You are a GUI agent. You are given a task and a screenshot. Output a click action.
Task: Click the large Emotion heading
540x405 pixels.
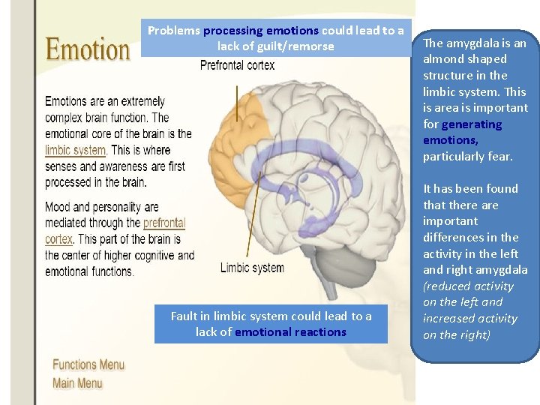(x=88, y=50)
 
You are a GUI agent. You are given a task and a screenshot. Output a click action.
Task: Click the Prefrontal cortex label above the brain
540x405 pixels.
(x=237, y=66)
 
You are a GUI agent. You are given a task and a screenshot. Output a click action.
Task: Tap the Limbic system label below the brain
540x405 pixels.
(x=252, y=268)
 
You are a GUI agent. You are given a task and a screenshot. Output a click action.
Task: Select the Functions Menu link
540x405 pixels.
(x=88, y=365)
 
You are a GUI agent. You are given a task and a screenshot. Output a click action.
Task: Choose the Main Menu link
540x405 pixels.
(x=77, y=383)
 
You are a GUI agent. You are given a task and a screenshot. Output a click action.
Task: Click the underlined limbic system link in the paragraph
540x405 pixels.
(x=75, y=150)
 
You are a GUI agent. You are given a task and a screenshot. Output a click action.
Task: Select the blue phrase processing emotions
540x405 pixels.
(x=261, y=31)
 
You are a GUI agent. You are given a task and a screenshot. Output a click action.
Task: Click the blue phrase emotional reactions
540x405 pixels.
(x=290, y=332)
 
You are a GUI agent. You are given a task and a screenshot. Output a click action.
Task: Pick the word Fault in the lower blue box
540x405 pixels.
(x=185, y=316)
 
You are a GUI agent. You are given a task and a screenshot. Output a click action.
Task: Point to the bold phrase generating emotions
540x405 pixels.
(x=463, y=132)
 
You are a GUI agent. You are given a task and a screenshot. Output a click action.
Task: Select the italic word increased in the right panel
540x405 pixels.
(x=450, y=319)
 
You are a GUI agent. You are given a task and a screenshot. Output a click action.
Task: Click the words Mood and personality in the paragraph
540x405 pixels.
(x=102, y=207)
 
